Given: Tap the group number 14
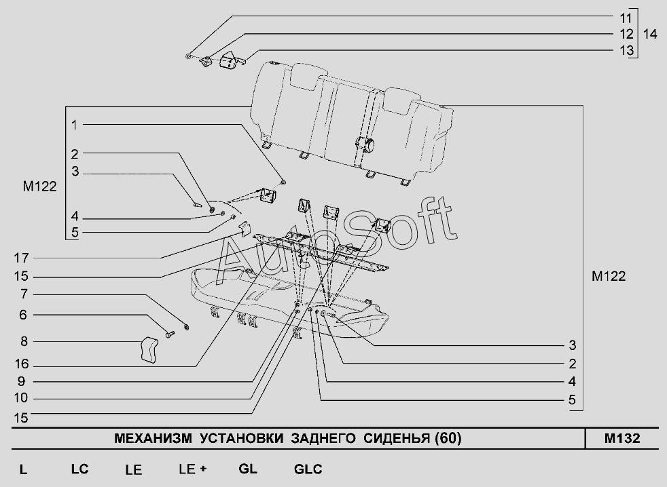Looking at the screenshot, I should click(x=650, y=33).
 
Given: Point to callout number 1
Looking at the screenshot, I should click(x=75, y=125).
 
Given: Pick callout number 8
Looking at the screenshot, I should click(x=24, y=341).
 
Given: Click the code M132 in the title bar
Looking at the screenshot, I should click(x=621, y=438).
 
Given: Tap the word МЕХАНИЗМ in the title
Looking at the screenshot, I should click(x=154, y=438).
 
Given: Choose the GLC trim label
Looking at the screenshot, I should click(x=308, y=469).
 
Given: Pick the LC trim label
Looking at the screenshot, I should click(x=79, y=469).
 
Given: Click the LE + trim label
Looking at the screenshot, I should click(x=192, y=469).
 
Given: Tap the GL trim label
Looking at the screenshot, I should click(x=248, y=469).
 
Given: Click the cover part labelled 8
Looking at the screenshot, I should click(x=148, y=351).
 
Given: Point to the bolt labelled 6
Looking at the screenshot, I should click(x=169, y=333).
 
